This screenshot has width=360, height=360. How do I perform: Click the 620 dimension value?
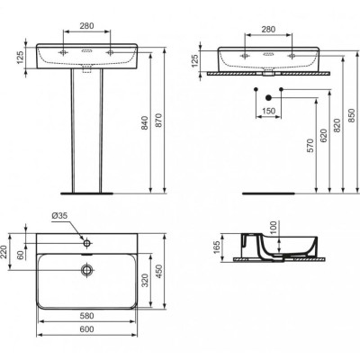(325, 143)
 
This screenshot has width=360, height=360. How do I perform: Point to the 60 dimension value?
(21, 237)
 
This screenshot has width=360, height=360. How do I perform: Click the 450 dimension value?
(160, 271)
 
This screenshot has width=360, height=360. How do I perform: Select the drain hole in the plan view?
(87, 270)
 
